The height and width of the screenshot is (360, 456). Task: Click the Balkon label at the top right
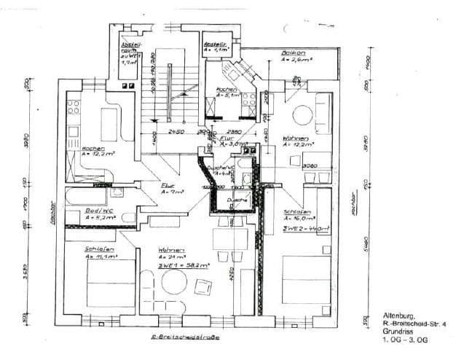coord(294,53)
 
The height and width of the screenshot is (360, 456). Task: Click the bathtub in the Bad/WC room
coord(87,196)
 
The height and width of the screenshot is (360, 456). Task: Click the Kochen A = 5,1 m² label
coord(227,92)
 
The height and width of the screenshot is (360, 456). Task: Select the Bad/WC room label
coord(98,213)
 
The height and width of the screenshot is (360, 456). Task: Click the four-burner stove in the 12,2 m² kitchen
coord(73,107)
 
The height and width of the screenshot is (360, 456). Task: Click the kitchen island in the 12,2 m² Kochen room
coord(109,125)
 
